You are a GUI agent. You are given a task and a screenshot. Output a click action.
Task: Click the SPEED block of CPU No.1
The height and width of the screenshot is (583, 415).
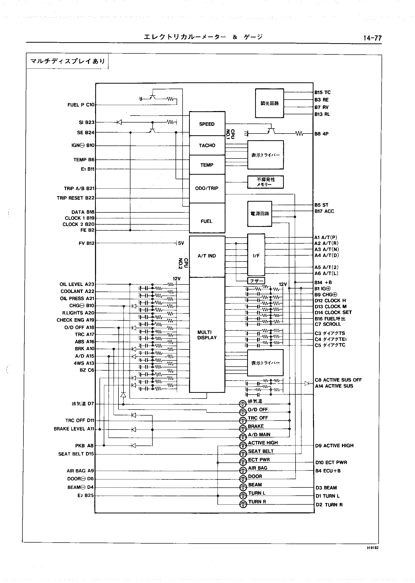pos(207,124)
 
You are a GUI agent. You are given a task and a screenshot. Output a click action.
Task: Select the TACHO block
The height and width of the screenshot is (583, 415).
pos(207,146)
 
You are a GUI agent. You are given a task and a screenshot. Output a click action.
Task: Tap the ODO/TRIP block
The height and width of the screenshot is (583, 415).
pos(207,188)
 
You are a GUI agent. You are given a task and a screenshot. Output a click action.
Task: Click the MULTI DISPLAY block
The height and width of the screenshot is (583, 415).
pos(207,335)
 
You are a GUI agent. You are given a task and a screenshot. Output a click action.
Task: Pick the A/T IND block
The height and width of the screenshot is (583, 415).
pos(207,256)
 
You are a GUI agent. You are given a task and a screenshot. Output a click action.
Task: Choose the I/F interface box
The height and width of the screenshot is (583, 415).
pos(256,256)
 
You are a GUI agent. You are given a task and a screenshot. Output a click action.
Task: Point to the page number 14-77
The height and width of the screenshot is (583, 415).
pos(372,38)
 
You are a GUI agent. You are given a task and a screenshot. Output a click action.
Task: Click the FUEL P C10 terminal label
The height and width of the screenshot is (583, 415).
pos(81,105)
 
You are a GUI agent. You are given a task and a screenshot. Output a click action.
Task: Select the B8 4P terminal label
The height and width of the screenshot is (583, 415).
pos(321,134)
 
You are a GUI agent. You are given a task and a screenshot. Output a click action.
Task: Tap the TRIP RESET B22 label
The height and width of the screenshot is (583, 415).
pos(75,198)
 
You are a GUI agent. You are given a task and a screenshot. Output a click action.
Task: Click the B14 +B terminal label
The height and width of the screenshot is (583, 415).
pos(323,283)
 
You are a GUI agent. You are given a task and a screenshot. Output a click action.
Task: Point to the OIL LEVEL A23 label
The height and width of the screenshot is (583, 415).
pos(77,284)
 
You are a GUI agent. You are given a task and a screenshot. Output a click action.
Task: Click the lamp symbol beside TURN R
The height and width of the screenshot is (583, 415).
pos(243,504)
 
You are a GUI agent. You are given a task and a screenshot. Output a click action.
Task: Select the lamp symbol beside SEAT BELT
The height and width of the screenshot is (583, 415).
pos(243,454)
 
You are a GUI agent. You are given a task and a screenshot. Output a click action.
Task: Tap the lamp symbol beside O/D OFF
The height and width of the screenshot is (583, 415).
pos(243,412)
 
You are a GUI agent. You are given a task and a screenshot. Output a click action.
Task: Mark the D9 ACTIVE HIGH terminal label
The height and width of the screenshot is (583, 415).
pos(334,446)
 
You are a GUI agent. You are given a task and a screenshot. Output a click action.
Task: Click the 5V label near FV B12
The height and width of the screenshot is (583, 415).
pos(181,243)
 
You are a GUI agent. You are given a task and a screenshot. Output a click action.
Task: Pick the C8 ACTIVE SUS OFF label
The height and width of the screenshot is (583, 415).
pos(338,380)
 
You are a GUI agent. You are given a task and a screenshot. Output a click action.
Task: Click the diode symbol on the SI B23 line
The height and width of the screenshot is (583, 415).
pos(119,122)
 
